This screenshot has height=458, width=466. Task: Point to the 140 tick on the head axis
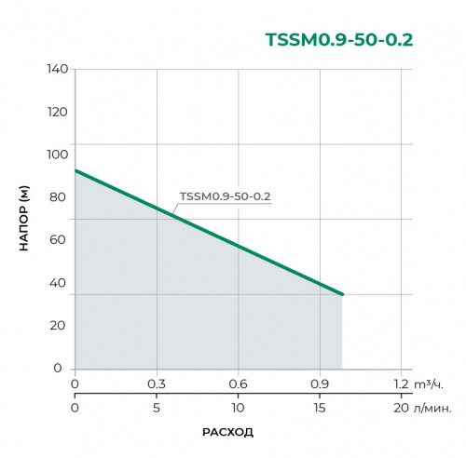point(57,70)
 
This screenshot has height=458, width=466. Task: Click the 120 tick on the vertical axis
point(57,112)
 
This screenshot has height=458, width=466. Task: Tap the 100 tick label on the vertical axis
point(57,155)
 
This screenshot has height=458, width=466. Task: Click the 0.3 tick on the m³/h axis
point(157,384)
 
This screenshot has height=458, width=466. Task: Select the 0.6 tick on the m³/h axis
point(239,384)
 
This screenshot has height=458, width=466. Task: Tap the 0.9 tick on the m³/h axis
point(321,384)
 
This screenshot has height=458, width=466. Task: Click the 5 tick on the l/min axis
point(157,408)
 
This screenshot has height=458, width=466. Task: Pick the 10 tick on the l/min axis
point(239,408)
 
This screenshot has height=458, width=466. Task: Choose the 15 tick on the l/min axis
point(321,408)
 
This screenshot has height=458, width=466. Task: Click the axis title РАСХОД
point(227,432)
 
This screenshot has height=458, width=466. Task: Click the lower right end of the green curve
point(342,294)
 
